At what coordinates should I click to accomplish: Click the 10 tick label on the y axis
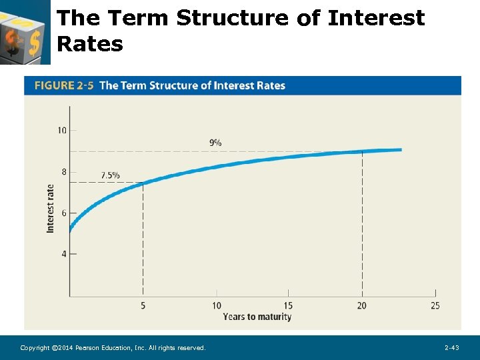(x=62, y=130)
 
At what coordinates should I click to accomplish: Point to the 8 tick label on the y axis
(x=64, y=172)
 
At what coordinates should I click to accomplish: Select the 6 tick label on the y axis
(x=64, y=213)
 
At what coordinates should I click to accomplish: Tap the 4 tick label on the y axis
(x=64, y=254)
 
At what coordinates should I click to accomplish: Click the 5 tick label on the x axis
(x=143, y=306)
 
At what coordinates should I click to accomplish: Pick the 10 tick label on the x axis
(x=217, y=306)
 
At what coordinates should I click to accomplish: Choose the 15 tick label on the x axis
(x=289, y=306)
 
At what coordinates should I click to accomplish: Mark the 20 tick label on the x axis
(x=361, y=306)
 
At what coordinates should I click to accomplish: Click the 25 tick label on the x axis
(x=435, y=306)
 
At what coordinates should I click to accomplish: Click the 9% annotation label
(x=215, y=143)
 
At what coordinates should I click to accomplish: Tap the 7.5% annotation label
(x=110, y=175)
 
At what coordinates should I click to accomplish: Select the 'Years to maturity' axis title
(x=257, y=317)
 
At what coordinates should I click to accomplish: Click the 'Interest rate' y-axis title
(x=51, y=208)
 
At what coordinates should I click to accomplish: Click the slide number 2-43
(x=452, y=348)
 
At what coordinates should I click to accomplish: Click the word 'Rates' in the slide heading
(x=90, y=44)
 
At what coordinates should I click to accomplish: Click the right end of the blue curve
(x=400, y=150)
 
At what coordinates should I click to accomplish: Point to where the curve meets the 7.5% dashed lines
(x=143, y=183)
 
